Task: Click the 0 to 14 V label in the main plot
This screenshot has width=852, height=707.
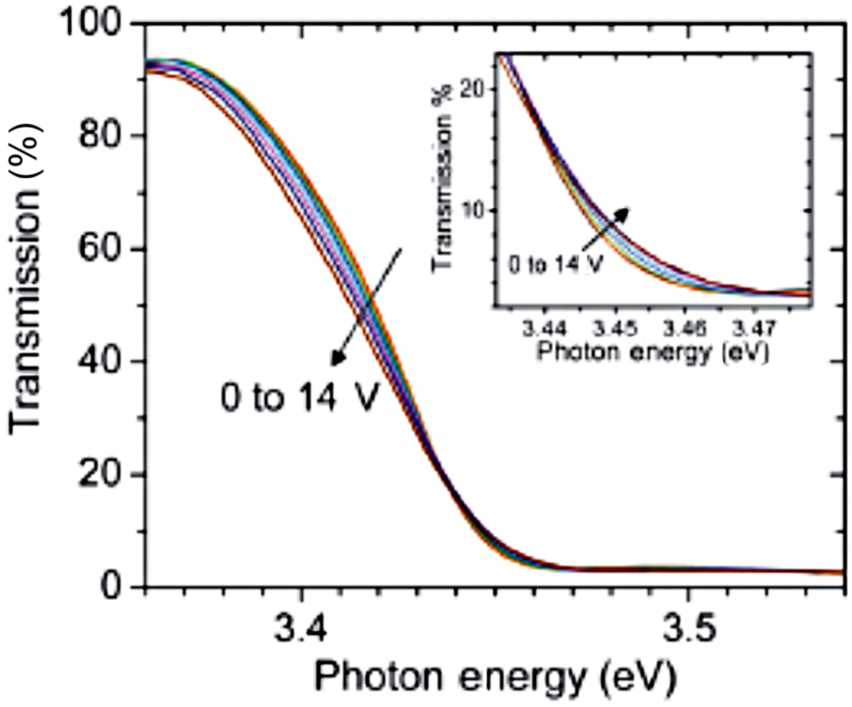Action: pyautogui.click(x=299, y=399)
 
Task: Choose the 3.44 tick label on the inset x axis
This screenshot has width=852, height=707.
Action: pyautogui.click(x=544, y=329)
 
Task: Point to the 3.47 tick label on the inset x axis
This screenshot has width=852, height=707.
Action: pyautogui.click(x=753, y=329)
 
